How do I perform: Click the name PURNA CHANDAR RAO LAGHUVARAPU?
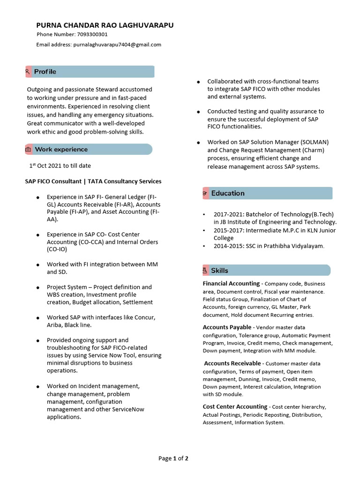click(x=105, y=25)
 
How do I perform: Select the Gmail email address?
click(x=117, y=45)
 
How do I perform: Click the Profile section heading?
click(x=45, y=72)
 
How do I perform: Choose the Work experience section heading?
click(x=61, y=150)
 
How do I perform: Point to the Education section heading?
click(x=228, y=193)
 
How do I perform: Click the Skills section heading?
click(x=219, y=270)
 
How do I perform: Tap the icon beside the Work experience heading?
click(x=28, y=150)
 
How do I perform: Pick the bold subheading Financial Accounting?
click(x=231, y=284)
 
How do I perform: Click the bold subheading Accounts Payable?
click(x=227, y=327)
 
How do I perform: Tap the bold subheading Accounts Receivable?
click(x=232, y=363)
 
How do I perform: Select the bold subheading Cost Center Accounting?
click(x=235, y=407)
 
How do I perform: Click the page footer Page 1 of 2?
click(x=173, y=458)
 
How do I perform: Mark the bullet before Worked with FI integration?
click(x=37, y=265)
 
